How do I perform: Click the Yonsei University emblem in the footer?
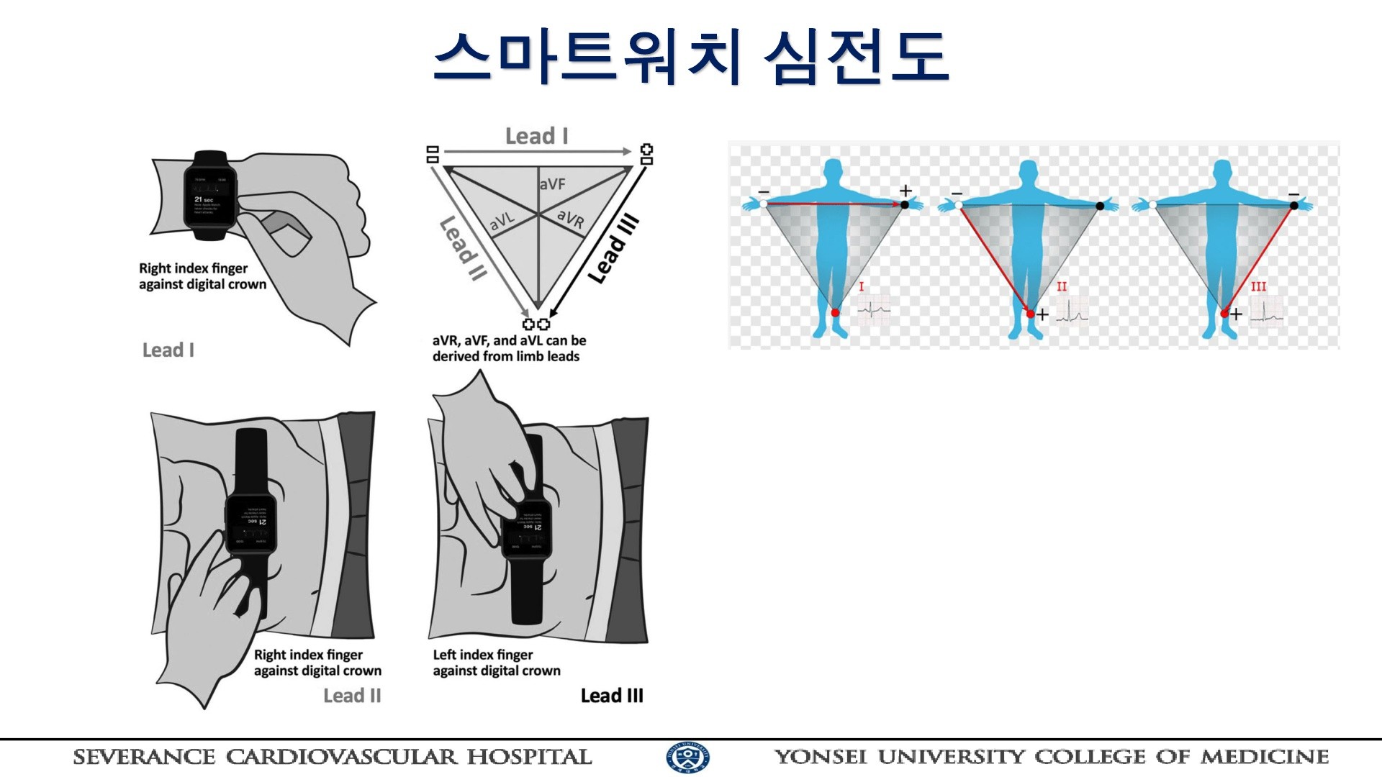[x=687, y=758]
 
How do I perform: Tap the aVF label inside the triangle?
[x=552, y=184]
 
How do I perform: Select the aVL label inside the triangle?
[x=502, y=221]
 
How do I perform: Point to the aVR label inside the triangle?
[x=571, y=218]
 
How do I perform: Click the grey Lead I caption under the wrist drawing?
[x=168, y=350]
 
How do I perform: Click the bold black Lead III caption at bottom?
[x=612, y=696]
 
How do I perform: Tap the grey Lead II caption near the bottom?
[x=352, y=696]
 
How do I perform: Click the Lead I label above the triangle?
[x=536, y=136]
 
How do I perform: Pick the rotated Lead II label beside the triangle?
[x=463, y=248]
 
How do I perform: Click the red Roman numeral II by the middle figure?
[x=1062, y=286]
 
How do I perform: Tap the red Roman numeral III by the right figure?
[x=1257, y=286]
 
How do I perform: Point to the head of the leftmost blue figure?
[x=833, y=171]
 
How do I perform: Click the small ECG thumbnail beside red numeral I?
[x=874, y=312]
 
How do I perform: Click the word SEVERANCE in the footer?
[x=144, y=758]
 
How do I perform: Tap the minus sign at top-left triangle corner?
[x=433, y=153]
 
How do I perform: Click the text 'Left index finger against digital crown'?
[x=496, y=663]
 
